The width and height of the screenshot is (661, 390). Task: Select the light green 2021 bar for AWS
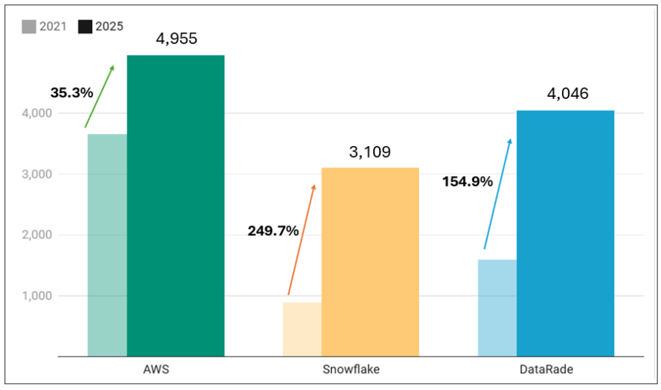pyautogui.click(x=107, y=245)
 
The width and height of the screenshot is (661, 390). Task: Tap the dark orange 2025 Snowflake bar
pyautogui.click(x=370, y=262)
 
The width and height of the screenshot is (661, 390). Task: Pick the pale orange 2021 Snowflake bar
pyautogui.click(x=302, y=329)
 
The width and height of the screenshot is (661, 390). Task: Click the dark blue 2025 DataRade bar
pyautogui.click(x=565, y=233)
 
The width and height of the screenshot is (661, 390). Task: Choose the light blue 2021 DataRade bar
pyautogui.click(x=497, y=308)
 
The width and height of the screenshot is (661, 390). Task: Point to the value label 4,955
pyautogui.click(x=176, y=38)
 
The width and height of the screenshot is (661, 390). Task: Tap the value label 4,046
pyautogui.click(x=567, y=94)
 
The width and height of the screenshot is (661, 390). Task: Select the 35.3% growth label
pyautogui.click(x=72, y=92)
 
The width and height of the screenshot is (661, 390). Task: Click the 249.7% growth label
pyautogui.click(x=273, y=230)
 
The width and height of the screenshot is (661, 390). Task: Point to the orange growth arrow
pyautogui.click(x=301, y=239)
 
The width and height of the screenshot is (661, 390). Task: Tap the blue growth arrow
pyautogui.click(x=497, y=193)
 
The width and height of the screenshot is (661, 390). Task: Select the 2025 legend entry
pyautogui.click(x=100, y=27)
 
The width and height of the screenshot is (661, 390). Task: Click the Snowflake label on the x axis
pyautogui.click(x=351, y=370)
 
